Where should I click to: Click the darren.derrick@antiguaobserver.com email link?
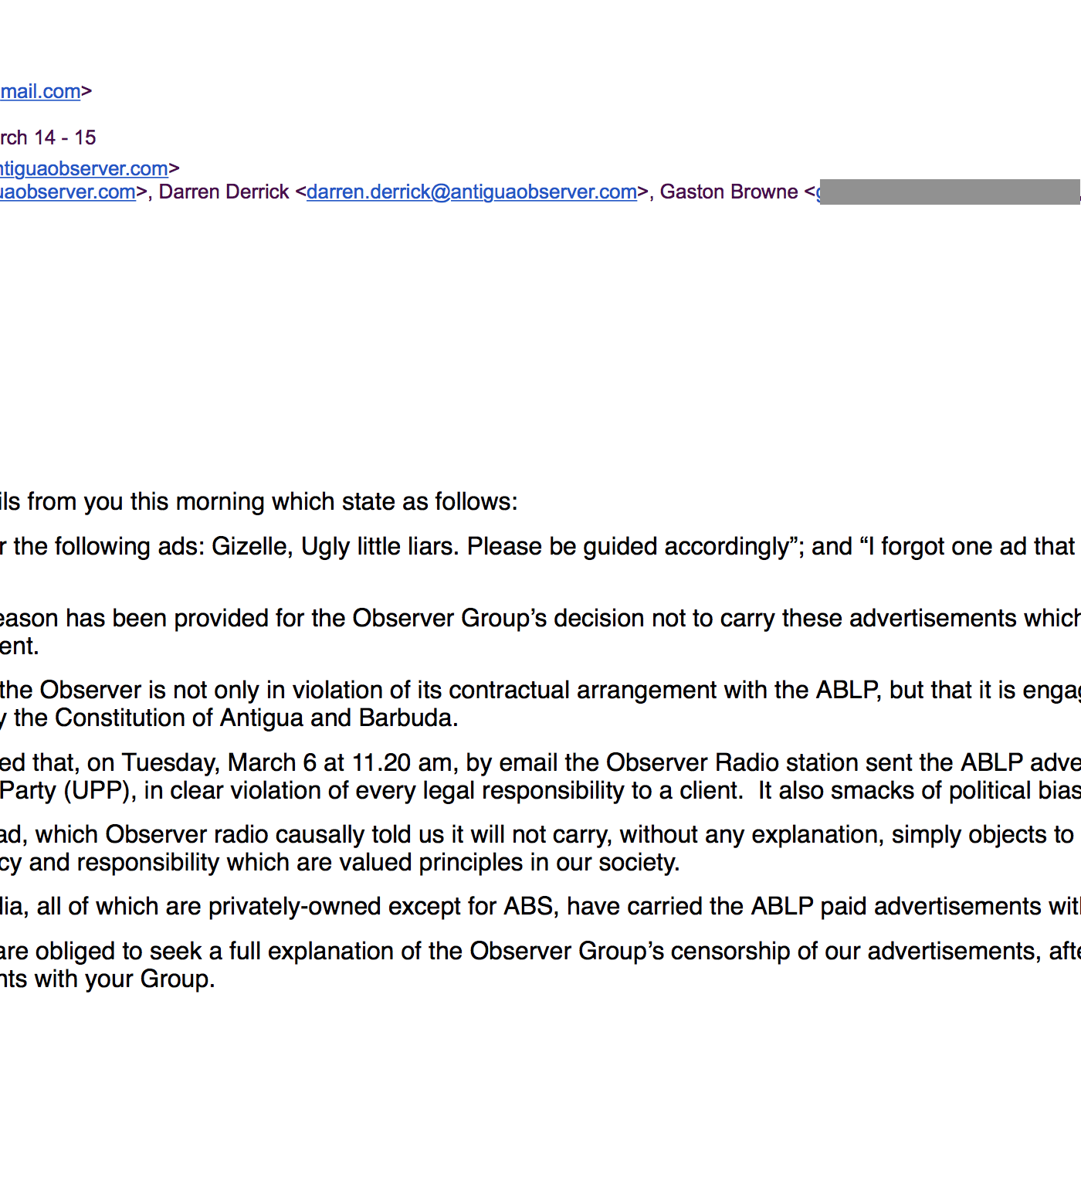coord(471,192)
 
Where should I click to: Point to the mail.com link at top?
coord(40,91)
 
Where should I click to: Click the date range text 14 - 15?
coord(65,137)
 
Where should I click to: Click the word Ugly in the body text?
coord(324,547)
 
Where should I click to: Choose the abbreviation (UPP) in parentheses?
coord(100,791)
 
